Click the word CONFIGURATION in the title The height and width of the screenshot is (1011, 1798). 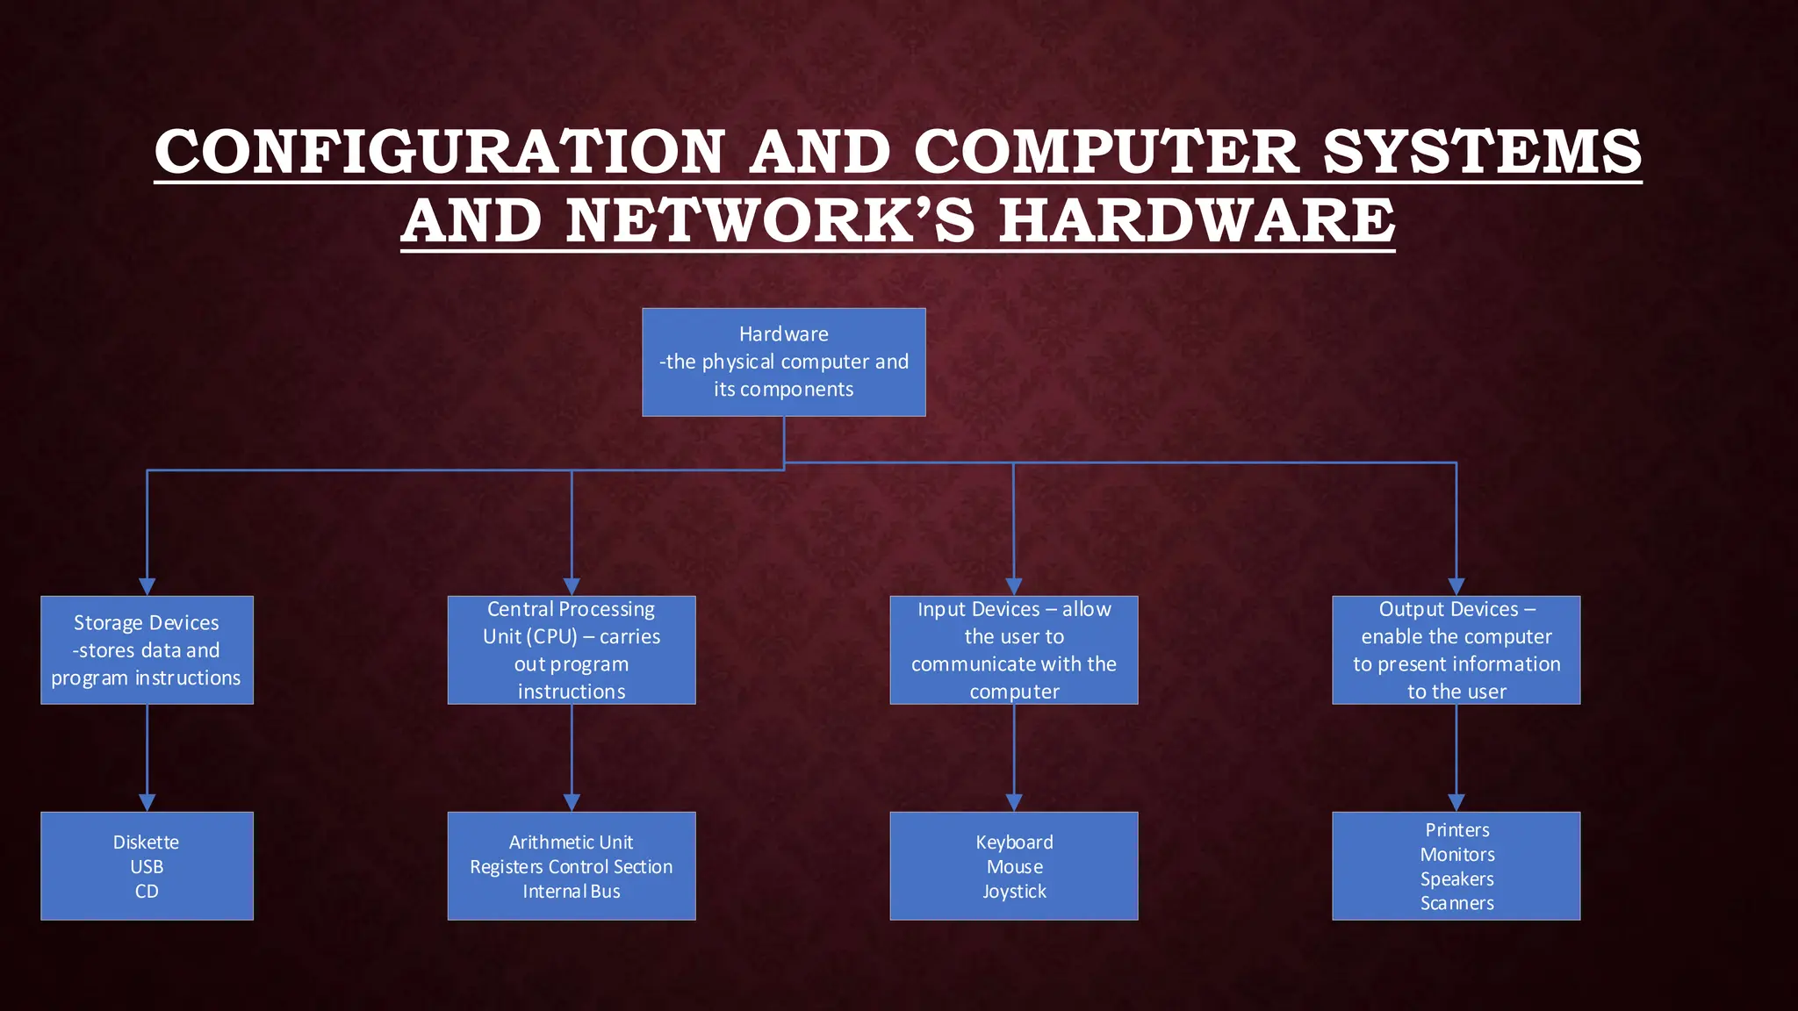click(439, 151)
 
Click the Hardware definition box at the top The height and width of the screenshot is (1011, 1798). click(783, 362)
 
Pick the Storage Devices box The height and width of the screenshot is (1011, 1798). click(147, 649)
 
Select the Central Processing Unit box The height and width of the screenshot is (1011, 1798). click(571, 649)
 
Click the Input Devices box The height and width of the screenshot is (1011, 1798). click(1013, 649)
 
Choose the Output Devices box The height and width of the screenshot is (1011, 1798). click(1456, 649)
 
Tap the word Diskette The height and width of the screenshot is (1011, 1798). click(146, 842)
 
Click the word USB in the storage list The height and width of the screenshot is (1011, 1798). click(147, 866)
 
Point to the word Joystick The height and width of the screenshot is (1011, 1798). click(1014, 891)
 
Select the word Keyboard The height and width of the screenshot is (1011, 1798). click(1014, 842)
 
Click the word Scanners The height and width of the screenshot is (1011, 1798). click(1456, 903)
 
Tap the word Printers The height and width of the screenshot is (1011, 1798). click(1456, 829)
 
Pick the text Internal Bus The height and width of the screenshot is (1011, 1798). click(571, 891)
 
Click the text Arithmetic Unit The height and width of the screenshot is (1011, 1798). click(571, 842)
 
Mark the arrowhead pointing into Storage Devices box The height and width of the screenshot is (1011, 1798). click(147, 586)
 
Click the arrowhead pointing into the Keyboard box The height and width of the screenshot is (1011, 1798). click(1014, 802)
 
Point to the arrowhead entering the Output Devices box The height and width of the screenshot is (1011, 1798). click(1456, 586)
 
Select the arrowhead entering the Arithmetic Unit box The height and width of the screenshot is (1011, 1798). click(572, 802)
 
